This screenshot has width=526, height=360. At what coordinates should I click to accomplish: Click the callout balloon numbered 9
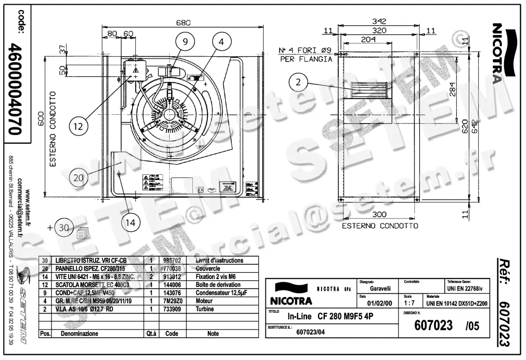pos(185,41)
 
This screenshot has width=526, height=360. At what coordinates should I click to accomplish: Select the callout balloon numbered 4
pos(222,41)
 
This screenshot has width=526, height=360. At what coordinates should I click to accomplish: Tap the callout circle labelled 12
pos(78,127)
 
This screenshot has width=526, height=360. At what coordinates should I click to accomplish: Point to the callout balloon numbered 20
pos(78,178)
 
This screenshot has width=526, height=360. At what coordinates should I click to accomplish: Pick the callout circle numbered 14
pos(130,222)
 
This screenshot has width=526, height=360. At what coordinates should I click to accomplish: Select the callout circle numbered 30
pos(64,228)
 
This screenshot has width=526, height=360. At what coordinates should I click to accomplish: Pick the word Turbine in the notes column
pos(205,309)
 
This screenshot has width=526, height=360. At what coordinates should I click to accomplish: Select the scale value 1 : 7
pos(409,303)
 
